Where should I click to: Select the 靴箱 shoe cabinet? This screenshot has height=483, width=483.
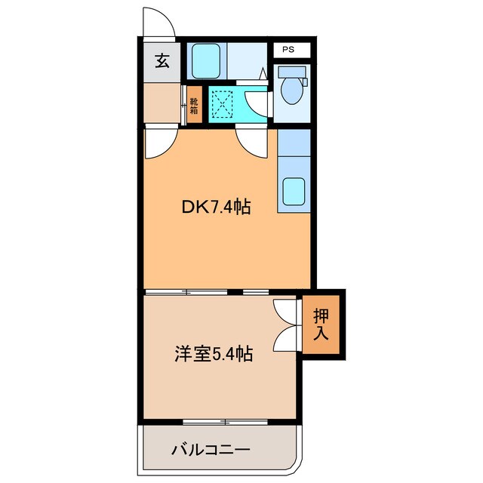pyautogui.click(x=194, y=106)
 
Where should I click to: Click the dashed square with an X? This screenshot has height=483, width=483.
pyautogui.click(x=222, y=104)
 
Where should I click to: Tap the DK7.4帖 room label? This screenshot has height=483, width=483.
pyautogui.click(x=216, y=206)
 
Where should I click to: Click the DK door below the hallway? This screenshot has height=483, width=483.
pyautogui.click(x=159, y=142)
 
